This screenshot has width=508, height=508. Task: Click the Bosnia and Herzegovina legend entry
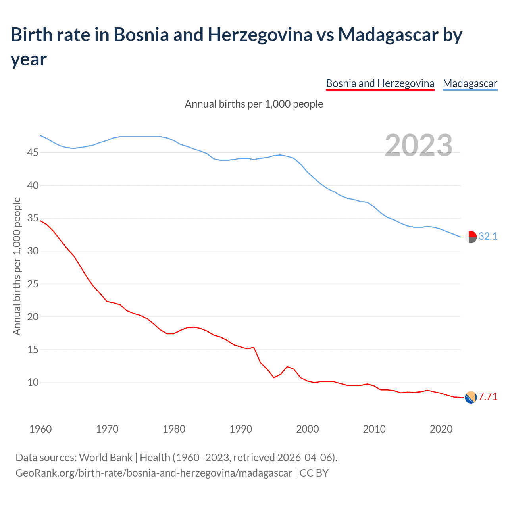pos(380,84)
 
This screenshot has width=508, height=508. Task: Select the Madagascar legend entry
pos(470,84)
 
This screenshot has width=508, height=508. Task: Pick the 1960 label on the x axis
pos(40,429)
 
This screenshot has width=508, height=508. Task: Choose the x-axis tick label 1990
pos(241,429)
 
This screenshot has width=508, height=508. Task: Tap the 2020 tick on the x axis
pos(441,429)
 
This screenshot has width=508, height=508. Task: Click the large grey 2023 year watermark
pos(419,145)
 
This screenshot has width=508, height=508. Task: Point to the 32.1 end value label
pos(488,237)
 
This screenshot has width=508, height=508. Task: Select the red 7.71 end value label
pos(488,397)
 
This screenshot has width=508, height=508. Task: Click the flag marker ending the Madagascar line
pos(471,237)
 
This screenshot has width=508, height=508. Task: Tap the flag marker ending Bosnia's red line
pos(471,397)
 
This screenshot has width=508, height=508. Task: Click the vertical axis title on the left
pos(17,266)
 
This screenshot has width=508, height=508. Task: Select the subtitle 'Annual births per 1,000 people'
pos(254,104)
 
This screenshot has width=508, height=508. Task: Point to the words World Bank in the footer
pos(106,458)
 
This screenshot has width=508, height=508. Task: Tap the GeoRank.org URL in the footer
pos(154,473)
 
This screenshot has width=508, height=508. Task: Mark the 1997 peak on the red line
pos(287,367)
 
